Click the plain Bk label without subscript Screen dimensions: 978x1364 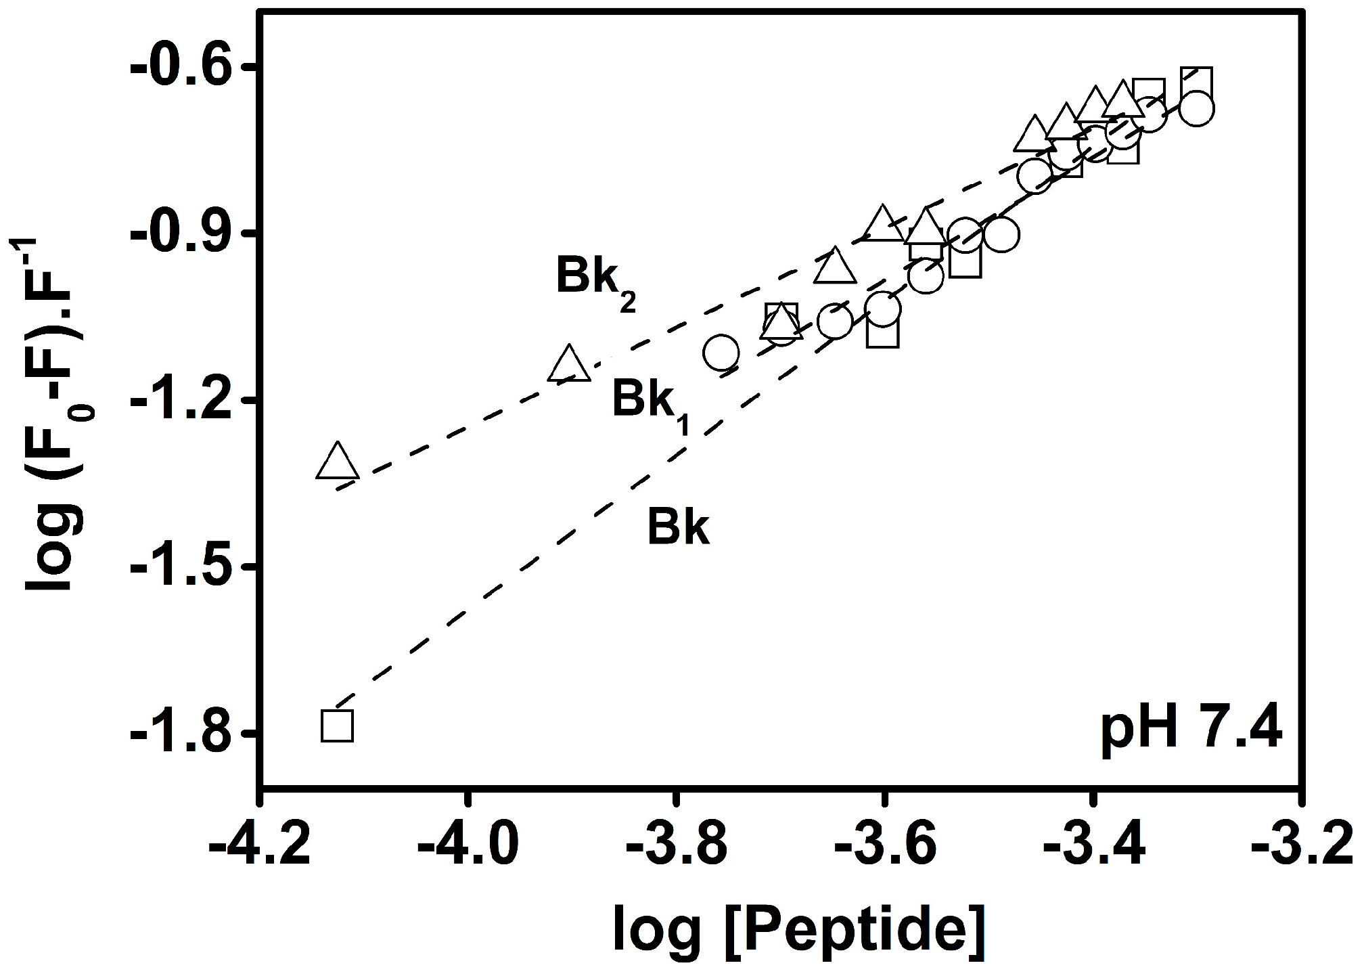(678, 527)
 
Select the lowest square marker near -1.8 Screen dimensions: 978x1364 (337, 726)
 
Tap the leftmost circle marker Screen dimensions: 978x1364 (720, 352)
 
